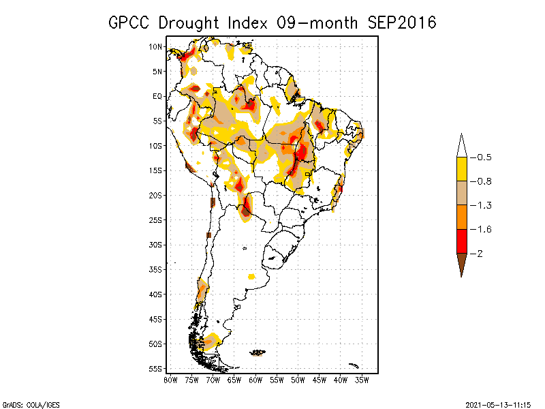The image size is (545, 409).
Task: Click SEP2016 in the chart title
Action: tap(401, 22)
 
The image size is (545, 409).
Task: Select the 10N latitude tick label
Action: tap(156, 46)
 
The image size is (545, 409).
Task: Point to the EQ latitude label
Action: tap(157, 96)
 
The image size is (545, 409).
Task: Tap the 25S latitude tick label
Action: tap(156, 219)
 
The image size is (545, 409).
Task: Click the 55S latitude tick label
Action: tap(156, 369)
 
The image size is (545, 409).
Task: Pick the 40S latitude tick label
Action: tap(156, 294)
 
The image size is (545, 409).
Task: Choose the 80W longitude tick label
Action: tap(170, 380)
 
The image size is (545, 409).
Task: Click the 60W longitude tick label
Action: tap(255, 380)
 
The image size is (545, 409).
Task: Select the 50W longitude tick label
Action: tap(298, 380)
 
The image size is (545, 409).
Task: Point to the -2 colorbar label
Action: tap(480, 254)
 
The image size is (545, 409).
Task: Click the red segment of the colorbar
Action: tap(461, 241)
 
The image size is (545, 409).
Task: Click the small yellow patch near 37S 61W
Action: tap(251, 276)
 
